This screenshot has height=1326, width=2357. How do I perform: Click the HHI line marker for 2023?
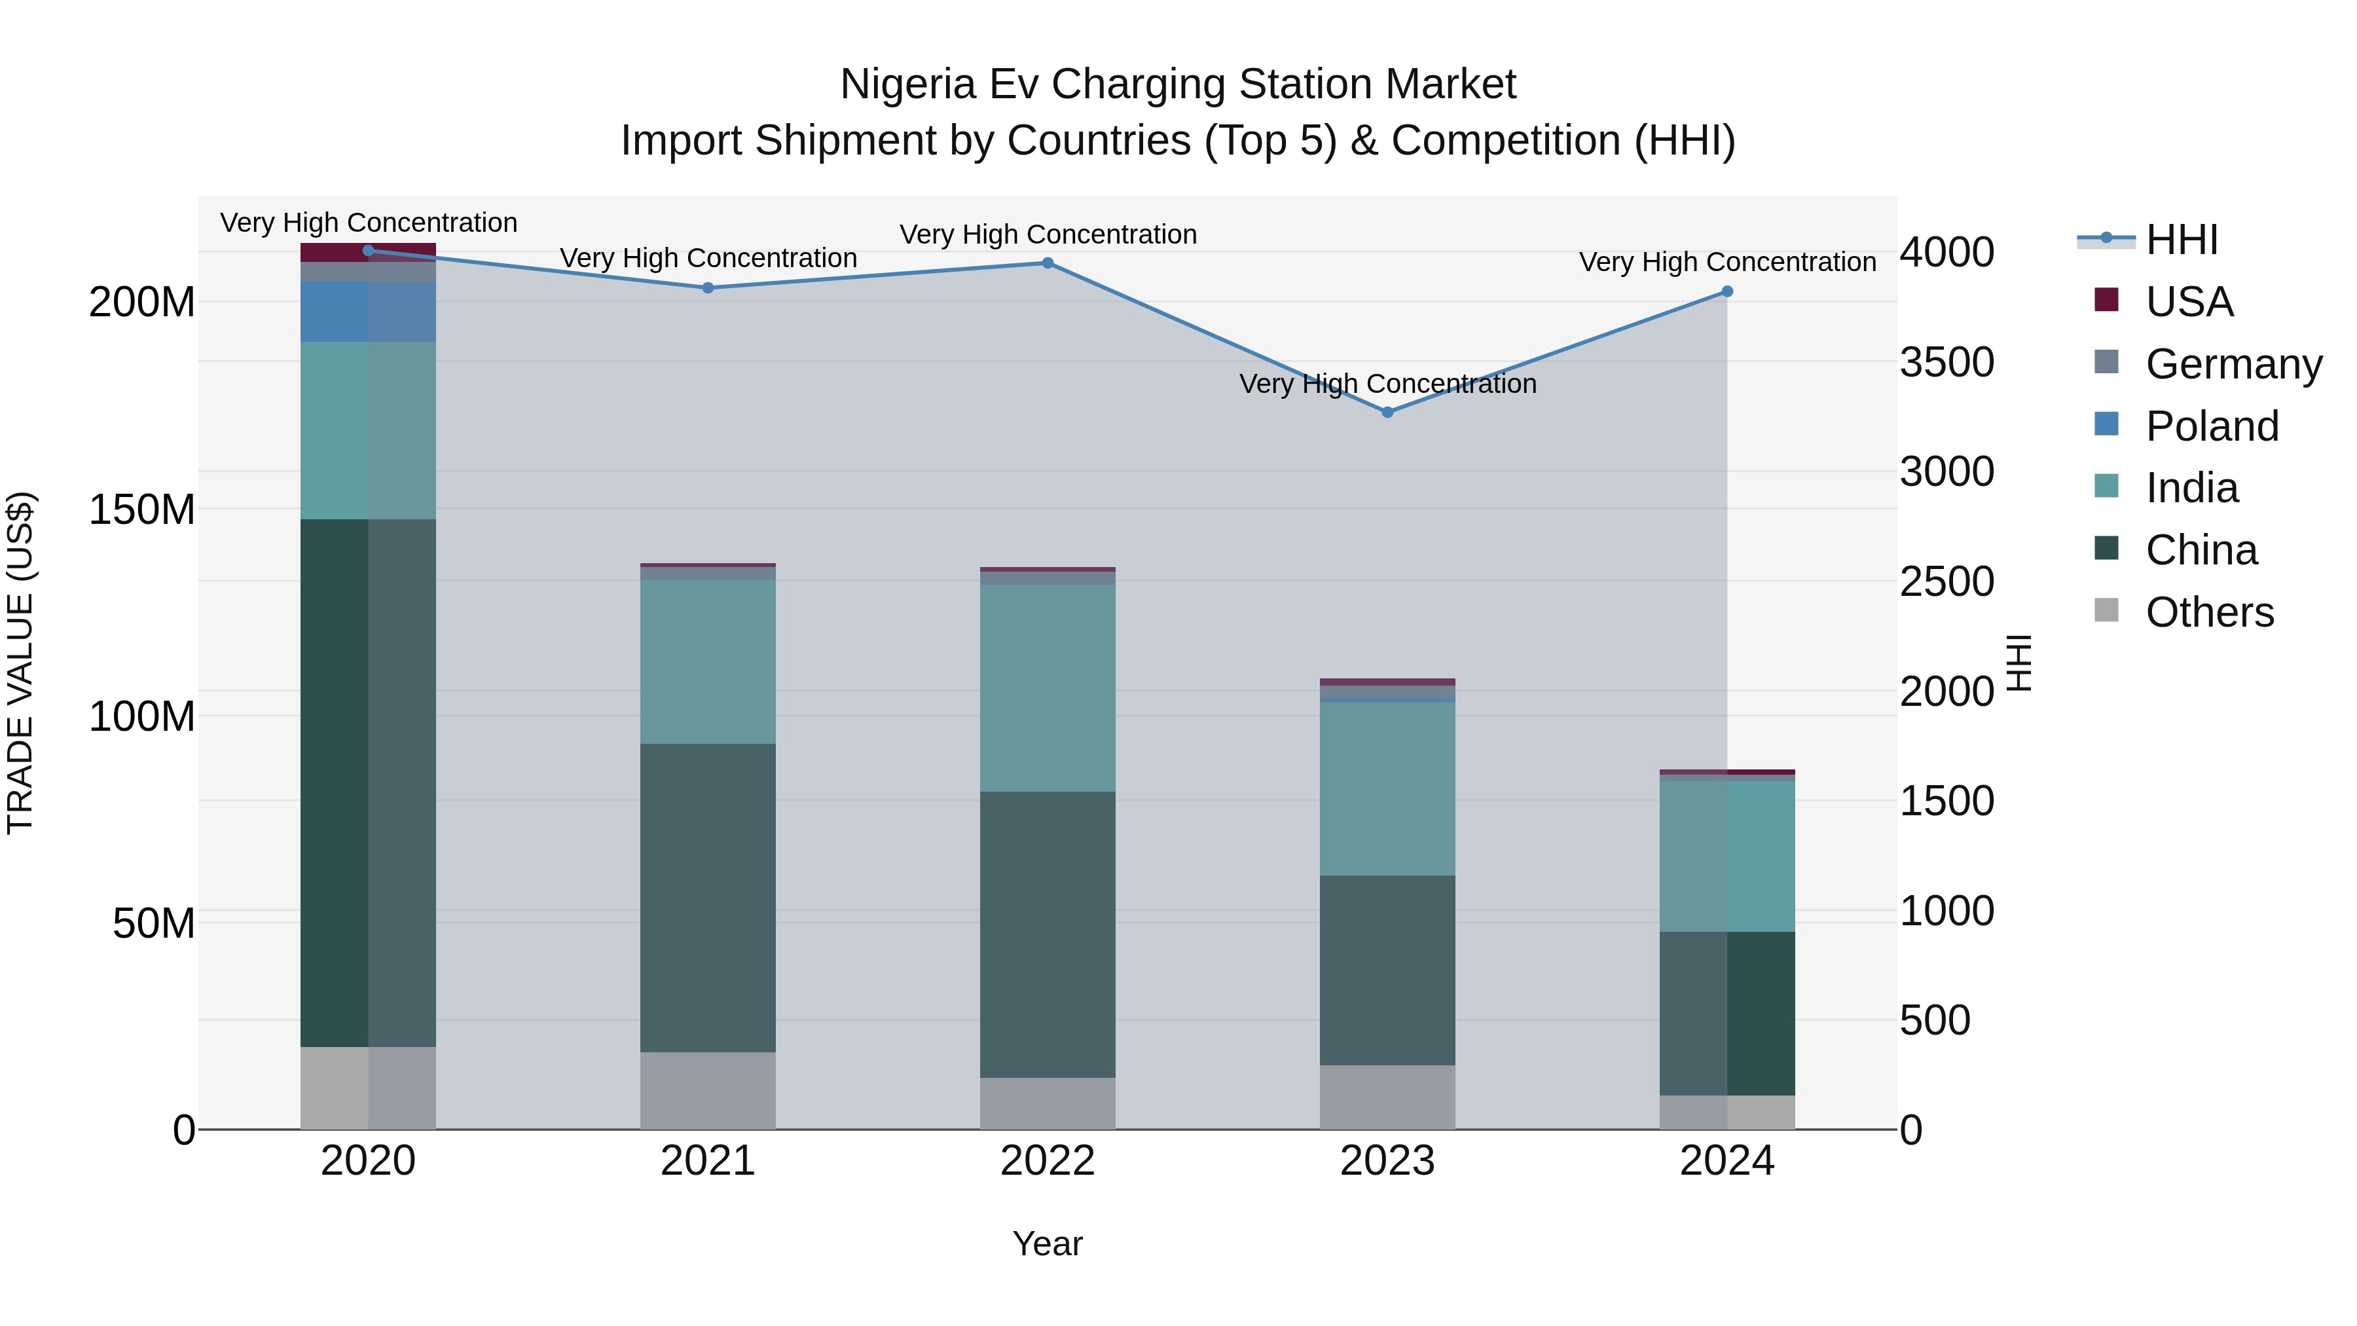1387,413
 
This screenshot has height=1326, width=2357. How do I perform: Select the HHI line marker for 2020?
368,251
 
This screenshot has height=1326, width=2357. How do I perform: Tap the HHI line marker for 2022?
1048,263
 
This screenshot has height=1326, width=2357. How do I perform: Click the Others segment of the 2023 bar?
1387,1096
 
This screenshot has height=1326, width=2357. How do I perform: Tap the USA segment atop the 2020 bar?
368,253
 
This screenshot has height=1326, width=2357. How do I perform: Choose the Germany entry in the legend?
2233,364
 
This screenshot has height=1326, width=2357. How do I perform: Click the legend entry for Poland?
2212,426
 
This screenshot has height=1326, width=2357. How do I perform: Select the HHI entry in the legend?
2182,240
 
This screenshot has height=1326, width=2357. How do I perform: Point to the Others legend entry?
2209,612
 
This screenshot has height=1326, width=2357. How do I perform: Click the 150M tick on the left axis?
142,509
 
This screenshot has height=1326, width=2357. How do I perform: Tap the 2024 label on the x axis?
1727,1161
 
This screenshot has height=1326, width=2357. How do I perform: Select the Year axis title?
1047,1243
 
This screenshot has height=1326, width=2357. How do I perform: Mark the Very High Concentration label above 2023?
1387,384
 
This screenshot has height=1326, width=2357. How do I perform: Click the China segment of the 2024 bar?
1727,1013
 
